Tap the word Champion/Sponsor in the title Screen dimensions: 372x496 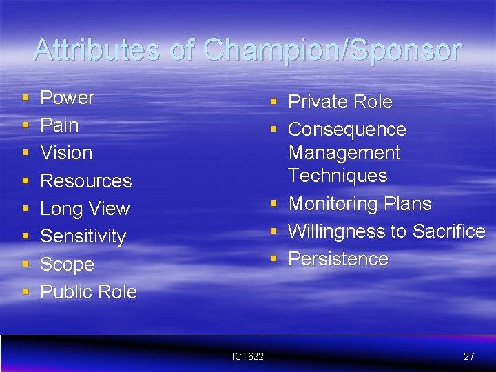point(333,50)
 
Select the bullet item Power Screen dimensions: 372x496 point(67,98)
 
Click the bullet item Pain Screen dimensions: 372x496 point(59,125)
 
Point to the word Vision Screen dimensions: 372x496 point(66,153)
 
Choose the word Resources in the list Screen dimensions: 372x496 point(85,181)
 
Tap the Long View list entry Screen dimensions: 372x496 point(85,209)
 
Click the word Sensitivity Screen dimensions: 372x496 point(83,236)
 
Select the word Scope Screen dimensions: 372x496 point(67,265)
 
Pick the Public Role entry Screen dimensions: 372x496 point(88,292)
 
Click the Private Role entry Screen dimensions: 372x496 point(340,102)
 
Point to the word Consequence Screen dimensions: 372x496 point(347,130)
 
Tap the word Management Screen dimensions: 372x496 point(344,152)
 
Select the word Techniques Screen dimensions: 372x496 point(338,176)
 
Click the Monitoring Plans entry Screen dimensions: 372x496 point(359,204)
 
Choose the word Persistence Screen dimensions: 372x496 point(338,259)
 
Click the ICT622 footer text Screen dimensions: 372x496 point(248,356)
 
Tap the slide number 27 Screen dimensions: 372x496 point(468,356)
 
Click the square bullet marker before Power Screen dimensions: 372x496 point(25,99)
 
